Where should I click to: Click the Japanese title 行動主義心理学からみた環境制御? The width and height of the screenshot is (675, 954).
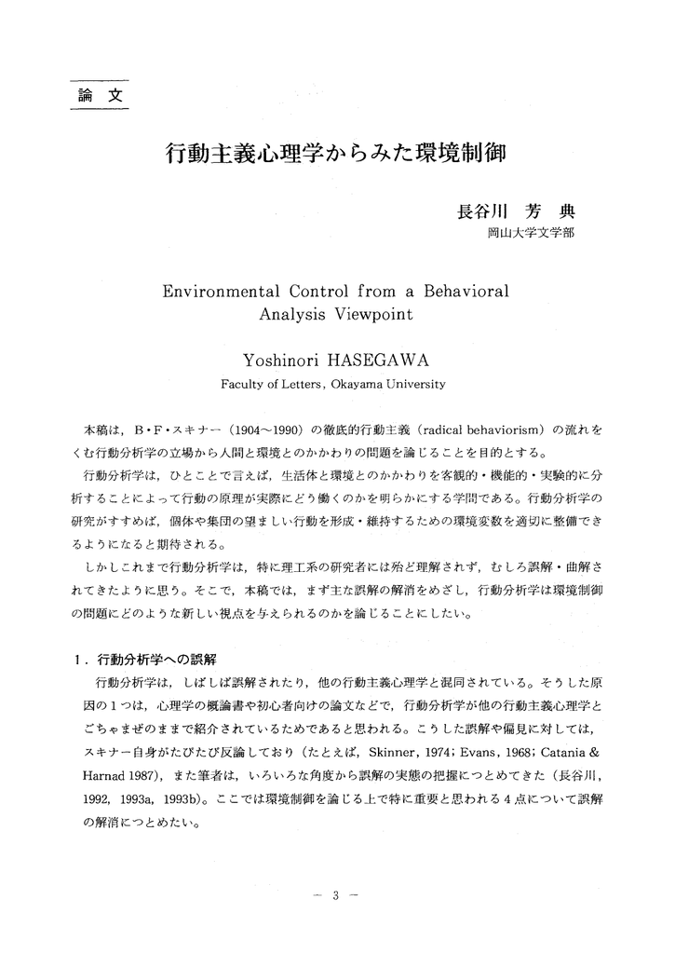pos(335,153)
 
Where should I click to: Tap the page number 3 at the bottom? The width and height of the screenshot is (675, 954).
pos(339,897)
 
